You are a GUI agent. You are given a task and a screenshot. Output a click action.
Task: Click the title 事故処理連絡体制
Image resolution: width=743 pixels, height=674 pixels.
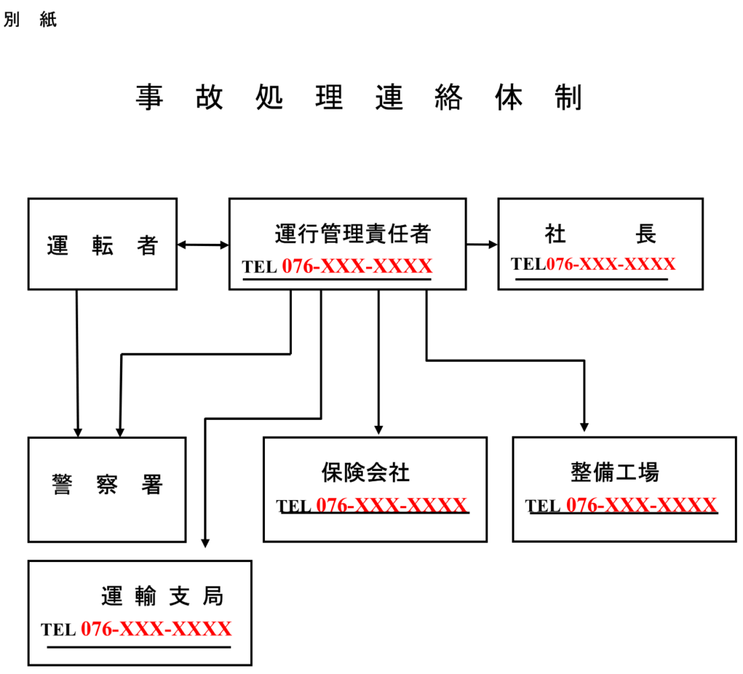[x=359, y=98]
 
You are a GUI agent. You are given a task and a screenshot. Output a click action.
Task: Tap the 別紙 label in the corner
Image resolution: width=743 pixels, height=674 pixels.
[x=30, y=20]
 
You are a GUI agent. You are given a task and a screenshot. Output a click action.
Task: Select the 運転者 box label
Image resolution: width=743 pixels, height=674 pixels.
[x=102, y=246]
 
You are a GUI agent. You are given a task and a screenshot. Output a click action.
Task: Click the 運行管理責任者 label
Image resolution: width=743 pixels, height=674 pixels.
[x=352, y=234]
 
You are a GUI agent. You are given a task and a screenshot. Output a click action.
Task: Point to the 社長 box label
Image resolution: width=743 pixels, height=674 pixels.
[x=600, y=234]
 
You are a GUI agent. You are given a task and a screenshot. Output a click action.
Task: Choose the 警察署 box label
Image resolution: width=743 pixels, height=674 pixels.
[x=107, y=485]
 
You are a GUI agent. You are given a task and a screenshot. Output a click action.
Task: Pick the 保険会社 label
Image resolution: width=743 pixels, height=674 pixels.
[x=365, y=472]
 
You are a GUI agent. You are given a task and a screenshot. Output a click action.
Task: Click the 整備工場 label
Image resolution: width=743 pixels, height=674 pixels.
[x=614, y=472]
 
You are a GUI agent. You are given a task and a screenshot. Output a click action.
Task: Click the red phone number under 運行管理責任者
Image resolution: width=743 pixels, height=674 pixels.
[x=357, y=267]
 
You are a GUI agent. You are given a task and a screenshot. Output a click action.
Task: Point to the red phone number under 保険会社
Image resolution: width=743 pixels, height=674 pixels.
[x=391, y=506]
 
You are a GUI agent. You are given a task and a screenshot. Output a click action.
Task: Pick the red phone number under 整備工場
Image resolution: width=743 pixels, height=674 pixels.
[x=641, y=506]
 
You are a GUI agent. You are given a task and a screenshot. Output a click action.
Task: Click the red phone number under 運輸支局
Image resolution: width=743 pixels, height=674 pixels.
[x=156, y=630]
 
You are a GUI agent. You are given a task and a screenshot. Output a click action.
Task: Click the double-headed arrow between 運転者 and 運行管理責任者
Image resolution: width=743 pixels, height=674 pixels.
[x=203, y=245]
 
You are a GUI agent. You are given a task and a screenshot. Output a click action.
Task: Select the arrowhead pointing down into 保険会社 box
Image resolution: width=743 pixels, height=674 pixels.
[x=379, y=429]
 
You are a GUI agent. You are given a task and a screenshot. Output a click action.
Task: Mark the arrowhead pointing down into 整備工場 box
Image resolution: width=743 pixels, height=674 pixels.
[x=585, y=427]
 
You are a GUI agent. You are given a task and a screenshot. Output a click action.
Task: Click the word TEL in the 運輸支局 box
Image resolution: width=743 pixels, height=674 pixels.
[x=58, y=631]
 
